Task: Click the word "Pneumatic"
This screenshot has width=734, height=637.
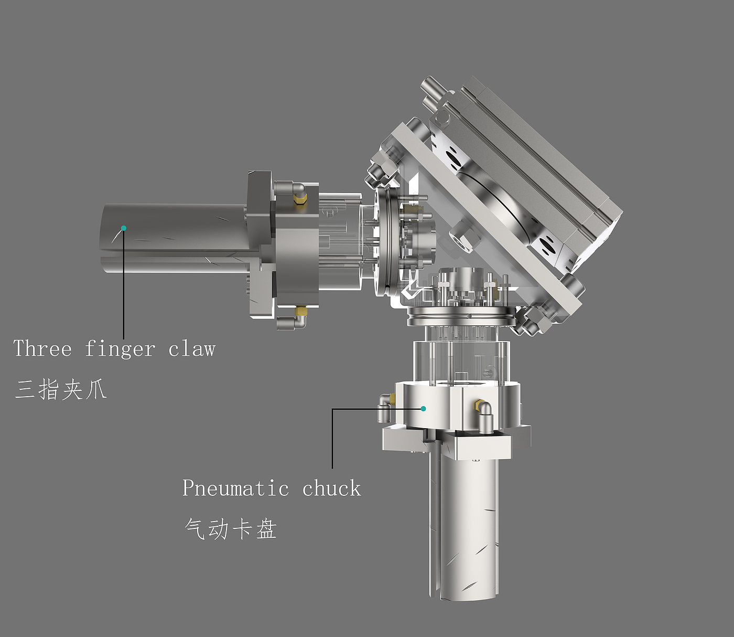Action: pyautogui.click(x=235, y=487)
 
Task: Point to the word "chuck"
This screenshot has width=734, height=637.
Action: pyautogui.click(x=331, y=487)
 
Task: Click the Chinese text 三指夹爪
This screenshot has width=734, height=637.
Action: pyautogui.click(x=61, y=389)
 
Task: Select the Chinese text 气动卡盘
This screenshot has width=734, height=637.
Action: pyautogui.click(x=231, y=529)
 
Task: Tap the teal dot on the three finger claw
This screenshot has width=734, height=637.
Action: pyautogui.click(x=124, y=228)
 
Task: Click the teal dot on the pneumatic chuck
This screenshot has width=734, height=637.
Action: pyautogui.click(x=423, y=409)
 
